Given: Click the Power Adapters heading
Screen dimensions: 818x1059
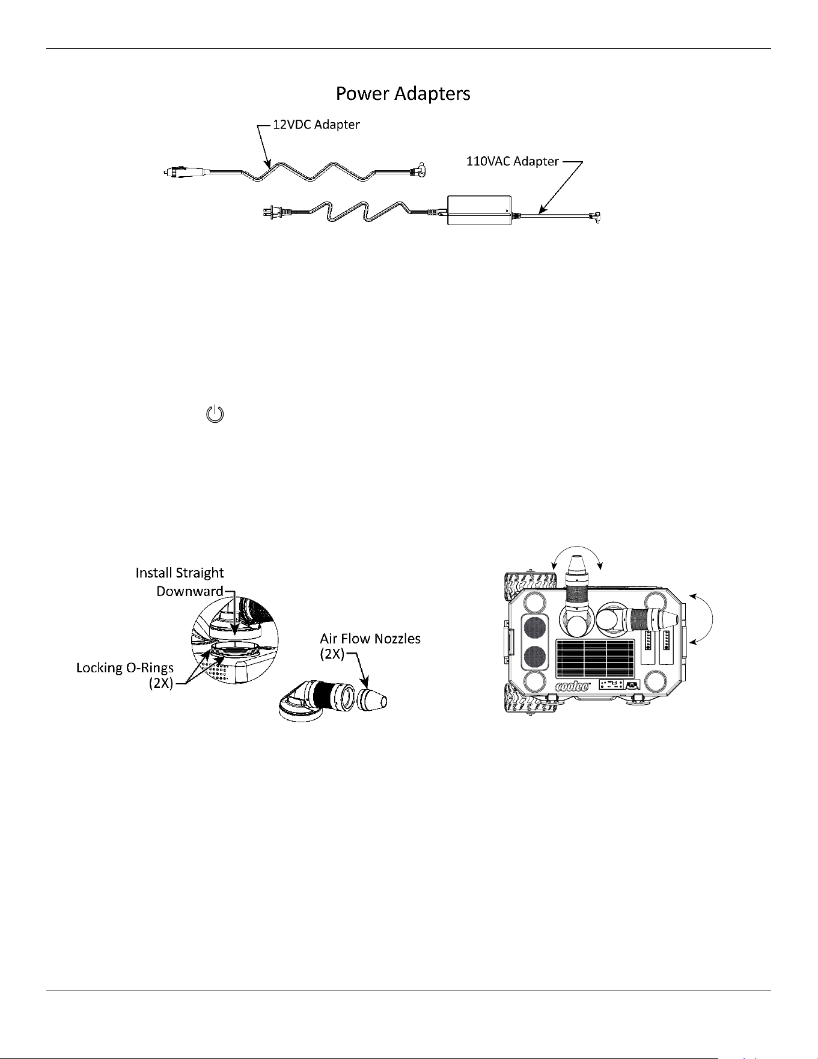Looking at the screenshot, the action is point(403,94).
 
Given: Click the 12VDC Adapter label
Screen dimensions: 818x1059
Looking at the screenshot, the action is point(316,125).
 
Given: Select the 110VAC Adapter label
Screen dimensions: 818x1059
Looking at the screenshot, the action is point(513,161).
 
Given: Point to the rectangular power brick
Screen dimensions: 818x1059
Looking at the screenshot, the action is point(479,210).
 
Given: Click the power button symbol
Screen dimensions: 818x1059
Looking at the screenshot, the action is point(215,414).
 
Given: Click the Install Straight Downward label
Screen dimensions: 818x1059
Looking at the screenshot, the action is point(180,582).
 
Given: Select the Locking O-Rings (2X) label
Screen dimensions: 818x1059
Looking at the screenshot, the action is point(125,676).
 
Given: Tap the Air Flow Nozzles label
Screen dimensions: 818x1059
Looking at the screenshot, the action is point(370,645).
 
